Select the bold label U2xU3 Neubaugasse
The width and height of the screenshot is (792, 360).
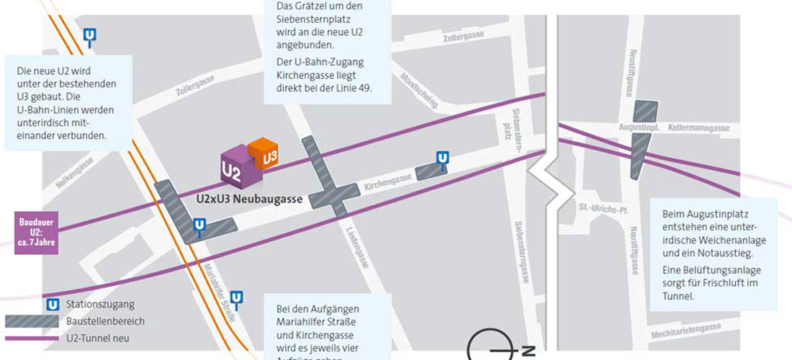tap(249, 199)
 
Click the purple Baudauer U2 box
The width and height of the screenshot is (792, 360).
tap(35, 231)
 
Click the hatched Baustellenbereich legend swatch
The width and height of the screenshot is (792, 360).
tap(33, 321)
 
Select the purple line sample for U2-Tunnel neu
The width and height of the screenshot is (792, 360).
tap(33, 337)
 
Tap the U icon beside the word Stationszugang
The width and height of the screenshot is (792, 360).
tap(52, 305)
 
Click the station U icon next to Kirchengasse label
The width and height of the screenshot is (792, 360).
tap(441, 158)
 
